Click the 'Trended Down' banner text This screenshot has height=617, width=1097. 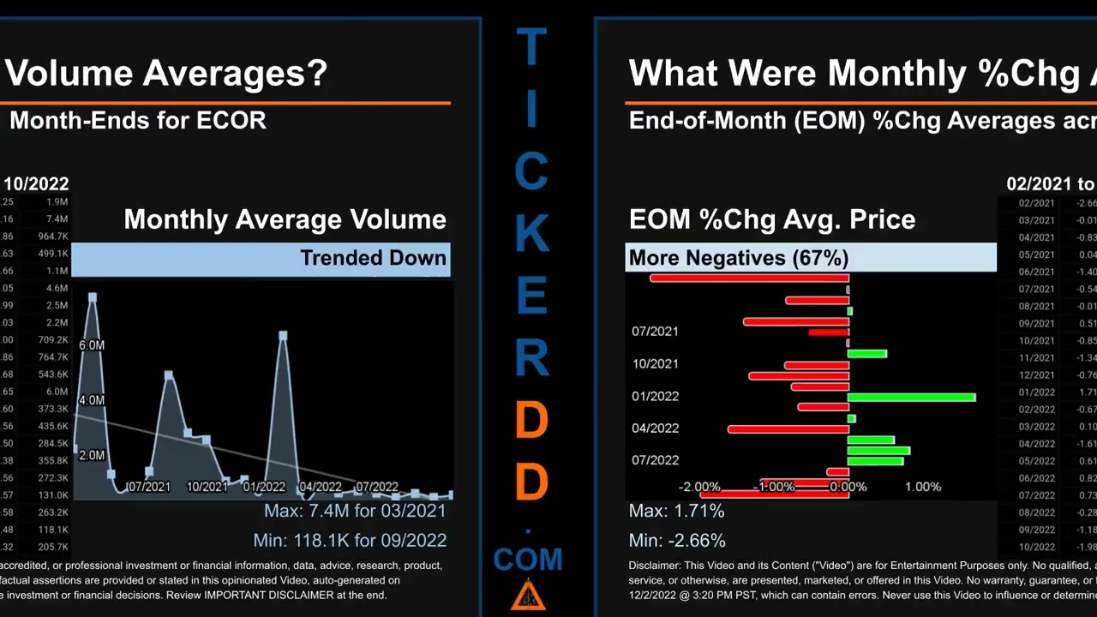coord(373,258)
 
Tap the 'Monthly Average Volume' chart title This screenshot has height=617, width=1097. coord(285,219)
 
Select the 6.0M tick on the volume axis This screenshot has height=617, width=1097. coord(92,344)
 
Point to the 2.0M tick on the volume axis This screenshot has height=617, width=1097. coord(92,455)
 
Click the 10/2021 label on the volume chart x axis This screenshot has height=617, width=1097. coord(207,487)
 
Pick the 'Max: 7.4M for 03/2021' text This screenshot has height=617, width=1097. coord(355,511)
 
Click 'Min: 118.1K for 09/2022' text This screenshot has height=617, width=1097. coord(350,540)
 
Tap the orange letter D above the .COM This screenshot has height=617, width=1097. coord(531,482)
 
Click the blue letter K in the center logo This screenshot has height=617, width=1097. coord(531,234)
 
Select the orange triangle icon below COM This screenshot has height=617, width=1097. coord(528,596)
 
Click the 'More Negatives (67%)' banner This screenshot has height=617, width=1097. coord(739,258)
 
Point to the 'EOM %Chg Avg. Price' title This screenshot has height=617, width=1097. coord(772,219)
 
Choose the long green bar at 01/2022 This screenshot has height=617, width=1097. coord(911,397)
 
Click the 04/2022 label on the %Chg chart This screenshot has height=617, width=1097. coord(655,428)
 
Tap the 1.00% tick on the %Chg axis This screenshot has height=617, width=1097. coord(923,487)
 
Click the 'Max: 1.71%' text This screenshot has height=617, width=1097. coord(676,511)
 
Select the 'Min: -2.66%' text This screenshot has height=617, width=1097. coord(677,540)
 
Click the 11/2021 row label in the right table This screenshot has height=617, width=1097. coord(1037,357)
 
